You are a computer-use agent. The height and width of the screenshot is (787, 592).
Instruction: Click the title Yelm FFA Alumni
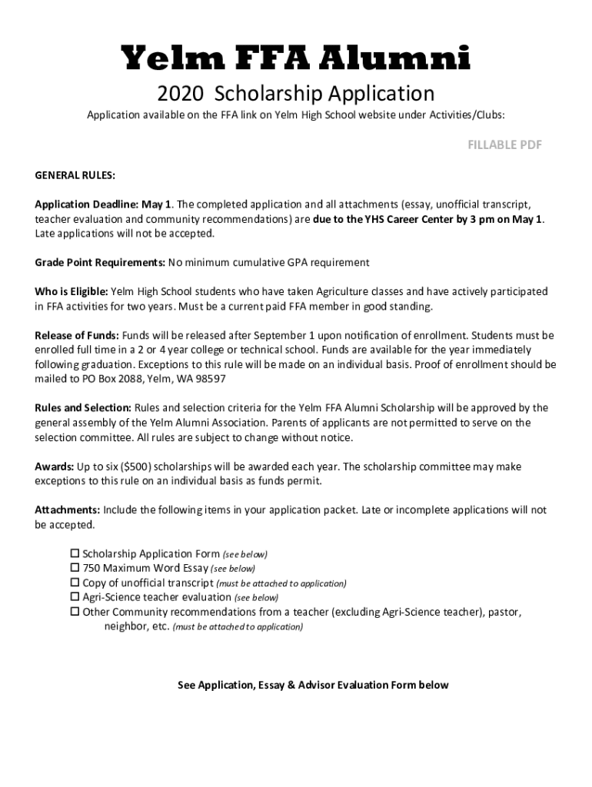click(x=296, y=59)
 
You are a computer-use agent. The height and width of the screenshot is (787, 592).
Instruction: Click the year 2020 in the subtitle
click(x=180, y=94)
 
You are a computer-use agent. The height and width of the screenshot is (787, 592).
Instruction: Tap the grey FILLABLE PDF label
click(x=505, y=145)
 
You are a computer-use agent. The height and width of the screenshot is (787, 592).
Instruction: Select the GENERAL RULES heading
click(x=75, y=175)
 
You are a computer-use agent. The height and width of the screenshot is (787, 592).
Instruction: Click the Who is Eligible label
click(x=72, y=292)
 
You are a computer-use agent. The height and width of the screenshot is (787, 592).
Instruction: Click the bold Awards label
click(x=54, y=467)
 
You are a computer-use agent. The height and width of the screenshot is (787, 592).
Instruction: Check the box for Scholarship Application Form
click(x=75, y=553)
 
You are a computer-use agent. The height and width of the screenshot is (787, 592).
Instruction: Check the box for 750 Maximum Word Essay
click(x=75, y=568)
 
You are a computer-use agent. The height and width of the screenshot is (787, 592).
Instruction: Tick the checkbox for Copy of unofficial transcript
click(x=75, y=583)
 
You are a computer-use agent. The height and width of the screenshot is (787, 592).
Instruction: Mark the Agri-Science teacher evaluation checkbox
click(x=75, y=597)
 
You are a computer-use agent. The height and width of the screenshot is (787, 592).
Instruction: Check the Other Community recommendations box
click(x=75, y=612)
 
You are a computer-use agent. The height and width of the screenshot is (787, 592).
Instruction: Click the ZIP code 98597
click(x=210, y=380)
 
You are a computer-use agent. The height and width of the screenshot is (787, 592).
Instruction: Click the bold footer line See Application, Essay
click(x=312, y=685)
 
